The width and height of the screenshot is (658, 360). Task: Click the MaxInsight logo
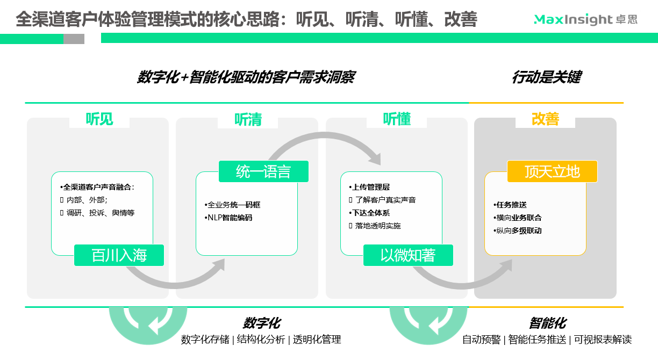click(585, 20)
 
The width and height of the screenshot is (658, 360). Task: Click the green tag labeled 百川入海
click(119, 255)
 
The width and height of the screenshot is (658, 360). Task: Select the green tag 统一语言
click(263, 171)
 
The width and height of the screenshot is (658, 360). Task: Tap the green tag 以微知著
click(408, 255)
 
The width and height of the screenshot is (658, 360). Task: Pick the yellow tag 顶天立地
click(552, 171)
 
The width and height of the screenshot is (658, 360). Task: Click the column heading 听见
click(99, 119)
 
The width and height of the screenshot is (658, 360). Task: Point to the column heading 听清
click(248, 119)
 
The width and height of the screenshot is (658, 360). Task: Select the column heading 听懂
click(397, 119)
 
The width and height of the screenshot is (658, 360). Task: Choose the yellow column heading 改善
click(545, 119)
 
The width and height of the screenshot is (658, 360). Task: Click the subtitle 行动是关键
click(546, 77)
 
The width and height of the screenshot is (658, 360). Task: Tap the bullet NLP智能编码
click(228, 218)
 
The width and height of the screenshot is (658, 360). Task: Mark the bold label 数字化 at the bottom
click(261, 323)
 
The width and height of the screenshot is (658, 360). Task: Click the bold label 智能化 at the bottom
click(547, 323)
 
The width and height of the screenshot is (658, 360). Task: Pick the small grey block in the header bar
click(74, 39)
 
